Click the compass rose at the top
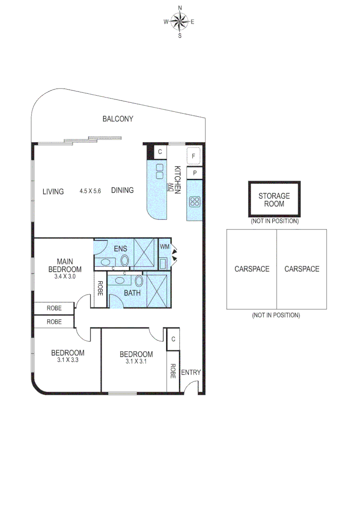tap(180, 21)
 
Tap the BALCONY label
tap(118, 119)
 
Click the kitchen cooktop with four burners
tap(195, 202)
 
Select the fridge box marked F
tap(194, 156)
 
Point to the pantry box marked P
tap(194, 173)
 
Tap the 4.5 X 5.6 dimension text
tap(90, 191)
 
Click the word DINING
tap(123, 190)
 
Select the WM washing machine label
tap(164, 246)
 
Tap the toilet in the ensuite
tap(125, 260)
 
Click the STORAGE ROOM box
tap(274, 200)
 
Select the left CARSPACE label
tap(252, 269)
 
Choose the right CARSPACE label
tap(302, 269)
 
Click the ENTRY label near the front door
tap(191, 372)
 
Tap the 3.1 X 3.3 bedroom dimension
tap(68, 361)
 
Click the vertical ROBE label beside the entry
tap(173, 371)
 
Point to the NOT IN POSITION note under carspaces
tap(276, 315)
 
